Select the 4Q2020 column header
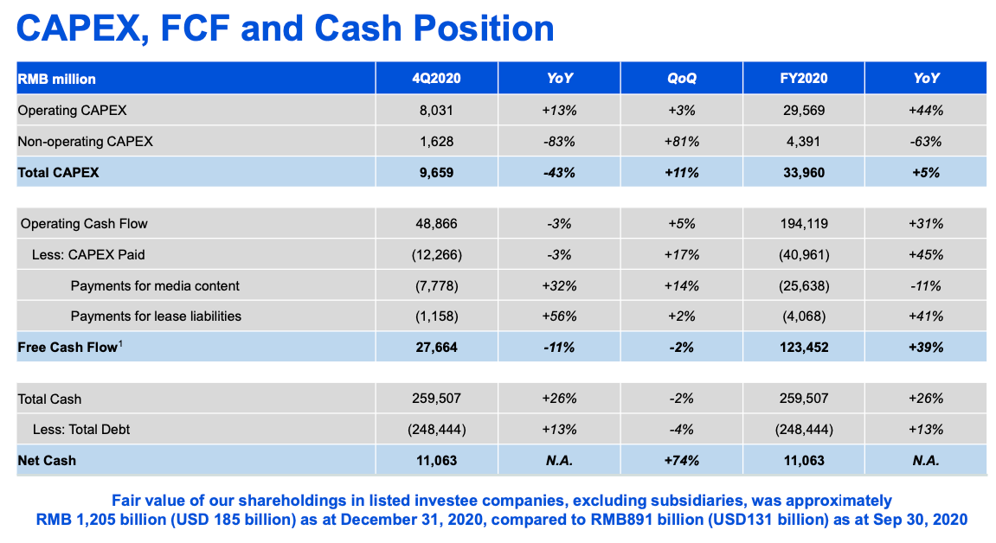(436, 79)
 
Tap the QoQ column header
(681, 79)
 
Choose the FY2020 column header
(803, 79)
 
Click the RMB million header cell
(57, 79)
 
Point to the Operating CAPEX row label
(73, 111)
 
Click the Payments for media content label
(155, 286)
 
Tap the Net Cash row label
(47, 461)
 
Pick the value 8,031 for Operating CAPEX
(436, 111)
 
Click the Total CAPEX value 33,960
(803, 172)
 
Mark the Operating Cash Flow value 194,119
(803, 224)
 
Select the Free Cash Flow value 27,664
(436, 348)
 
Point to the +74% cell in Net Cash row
(681, 461)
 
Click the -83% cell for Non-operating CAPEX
(559, 142)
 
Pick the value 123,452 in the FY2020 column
(803, 348)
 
